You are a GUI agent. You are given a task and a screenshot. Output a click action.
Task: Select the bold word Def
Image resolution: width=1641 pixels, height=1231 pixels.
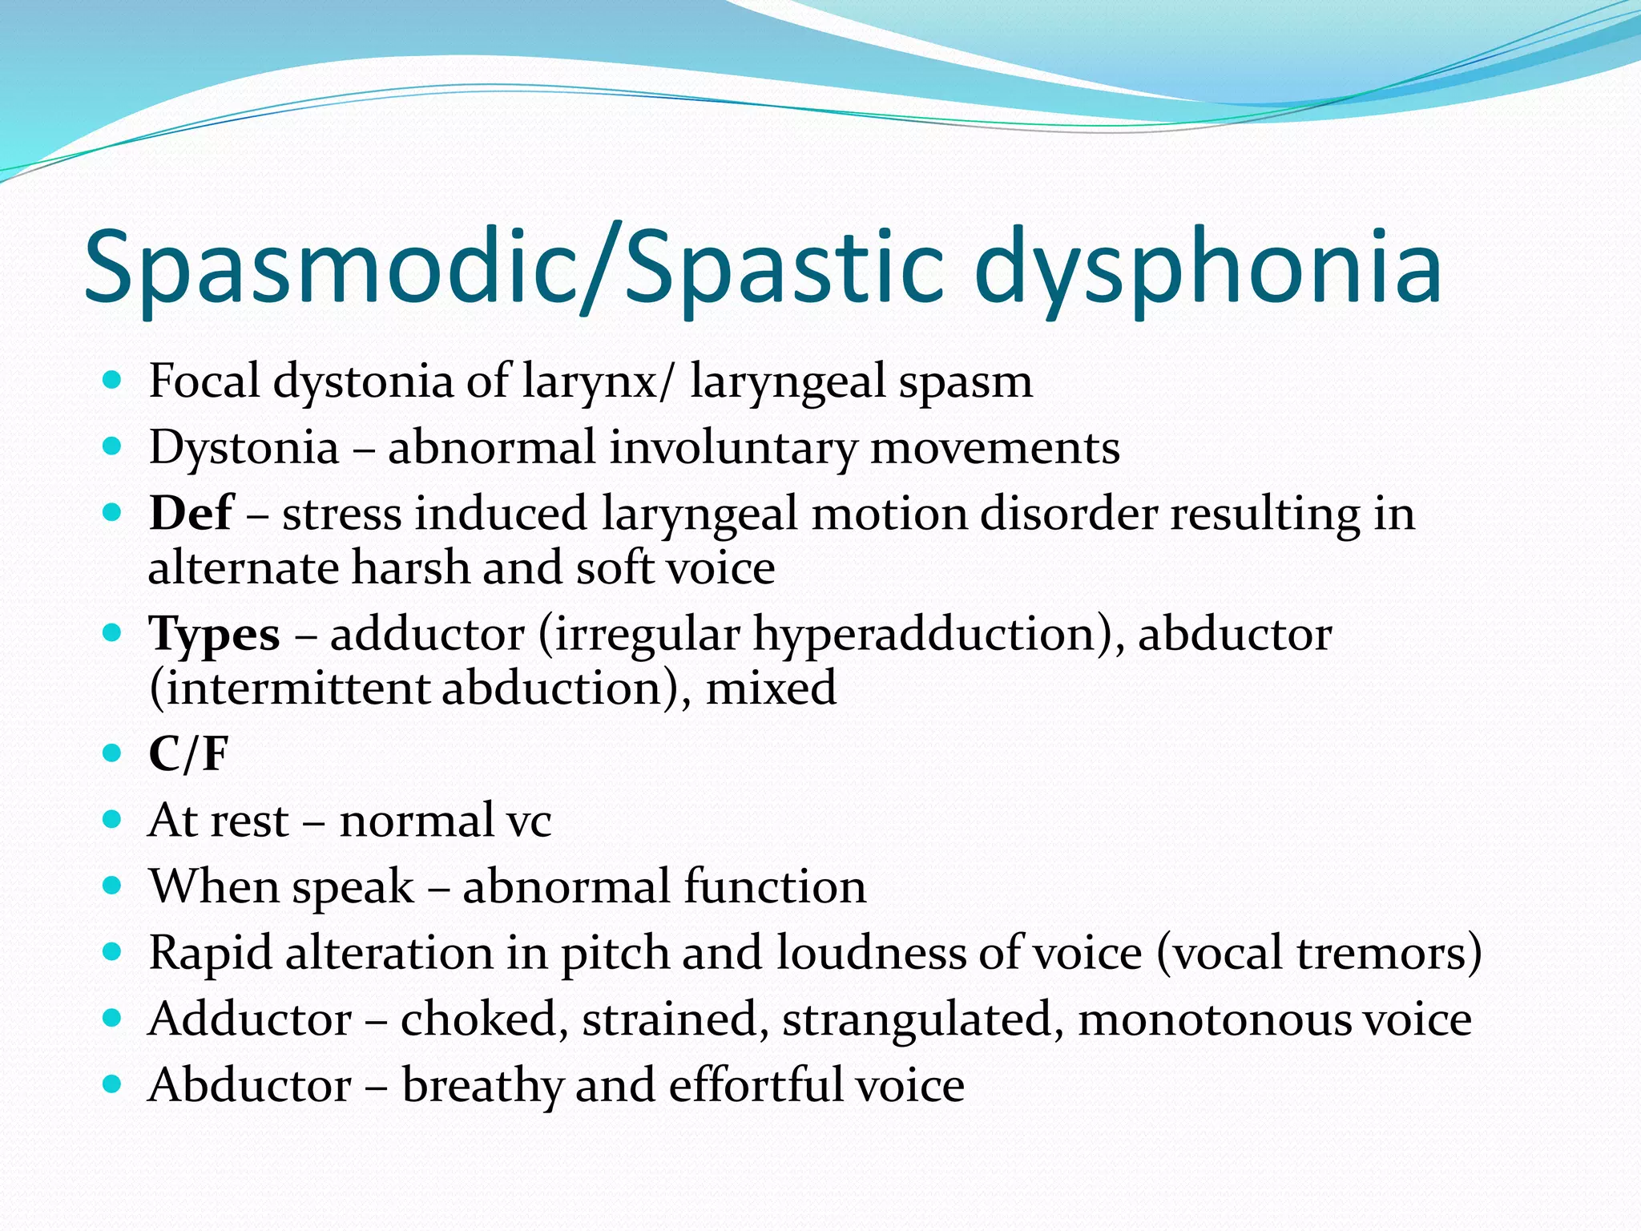[x=191, y=514]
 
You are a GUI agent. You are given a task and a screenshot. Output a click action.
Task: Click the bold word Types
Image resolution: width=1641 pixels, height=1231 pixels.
[x=215, y=635]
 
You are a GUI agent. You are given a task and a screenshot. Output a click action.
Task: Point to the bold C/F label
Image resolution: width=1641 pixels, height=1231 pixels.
[x=189, y=754]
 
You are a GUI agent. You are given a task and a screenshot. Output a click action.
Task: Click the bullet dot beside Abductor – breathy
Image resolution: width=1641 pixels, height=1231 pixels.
[x=112, y=1085]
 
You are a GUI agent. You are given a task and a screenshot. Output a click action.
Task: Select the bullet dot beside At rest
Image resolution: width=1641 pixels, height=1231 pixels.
[x=112, y=820]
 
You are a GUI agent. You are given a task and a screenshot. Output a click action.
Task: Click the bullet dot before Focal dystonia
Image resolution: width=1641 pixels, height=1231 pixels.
[x=112, y=380]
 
